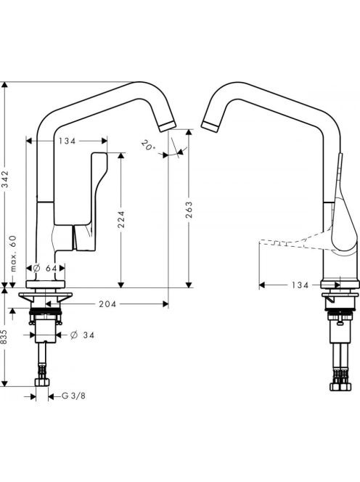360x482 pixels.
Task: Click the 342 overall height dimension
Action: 6,179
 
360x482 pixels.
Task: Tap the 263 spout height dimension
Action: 189,210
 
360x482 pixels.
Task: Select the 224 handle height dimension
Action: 122,219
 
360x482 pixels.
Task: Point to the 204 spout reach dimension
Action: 107,304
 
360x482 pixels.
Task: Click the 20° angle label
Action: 149,145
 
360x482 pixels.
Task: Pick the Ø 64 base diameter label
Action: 45,268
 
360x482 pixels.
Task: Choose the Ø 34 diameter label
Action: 82,335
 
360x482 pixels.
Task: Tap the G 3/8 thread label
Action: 73,396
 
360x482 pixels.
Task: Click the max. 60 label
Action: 13,253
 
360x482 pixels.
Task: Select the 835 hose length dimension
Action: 4,338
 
